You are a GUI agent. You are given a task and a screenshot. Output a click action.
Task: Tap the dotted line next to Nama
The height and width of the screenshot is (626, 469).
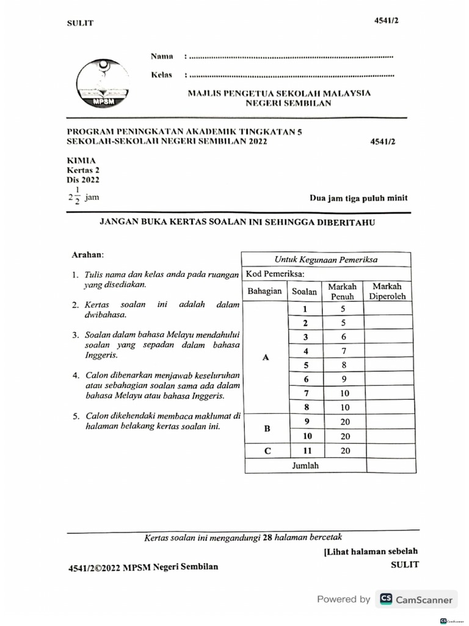coord(289,57)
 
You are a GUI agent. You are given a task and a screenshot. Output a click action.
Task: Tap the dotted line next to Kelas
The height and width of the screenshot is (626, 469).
coord(289,76)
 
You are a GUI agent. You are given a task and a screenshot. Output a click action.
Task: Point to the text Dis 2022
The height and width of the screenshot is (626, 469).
coord(82,180)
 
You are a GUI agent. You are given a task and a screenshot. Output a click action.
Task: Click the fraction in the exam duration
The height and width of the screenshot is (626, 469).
coord(77,197)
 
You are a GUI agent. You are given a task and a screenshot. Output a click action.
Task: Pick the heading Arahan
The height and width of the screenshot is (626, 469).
coord(88,254)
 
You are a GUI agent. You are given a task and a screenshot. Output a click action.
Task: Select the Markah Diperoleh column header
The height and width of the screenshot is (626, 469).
coord(387,291)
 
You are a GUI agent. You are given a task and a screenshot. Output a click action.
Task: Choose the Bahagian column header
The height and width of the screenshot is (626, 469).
coord(264,291)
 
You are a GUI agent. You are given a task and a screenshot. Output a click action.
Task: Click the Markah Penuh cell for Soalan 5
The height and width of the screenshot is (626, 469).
coord(343,366)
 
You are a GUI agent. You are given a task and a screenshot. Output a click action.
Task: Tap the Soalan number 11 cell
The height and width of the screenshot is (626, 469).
coord(307,451)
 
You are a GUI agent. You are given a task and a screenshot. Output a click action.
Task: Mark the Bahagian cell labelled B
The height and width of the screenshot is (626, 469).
coord(266,429)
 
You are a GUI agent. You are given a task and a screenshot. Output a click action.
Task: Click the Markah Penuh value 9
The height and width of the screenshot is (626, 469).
coord(343,379)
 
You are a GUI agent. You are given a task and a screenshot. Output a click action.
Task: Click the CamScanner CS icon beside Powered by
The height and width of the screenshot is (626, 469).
coord(385,600)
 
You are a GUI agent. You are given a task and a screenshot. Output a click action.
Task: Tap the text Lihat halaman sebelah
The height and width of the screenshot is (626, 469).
coord(371,551)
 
